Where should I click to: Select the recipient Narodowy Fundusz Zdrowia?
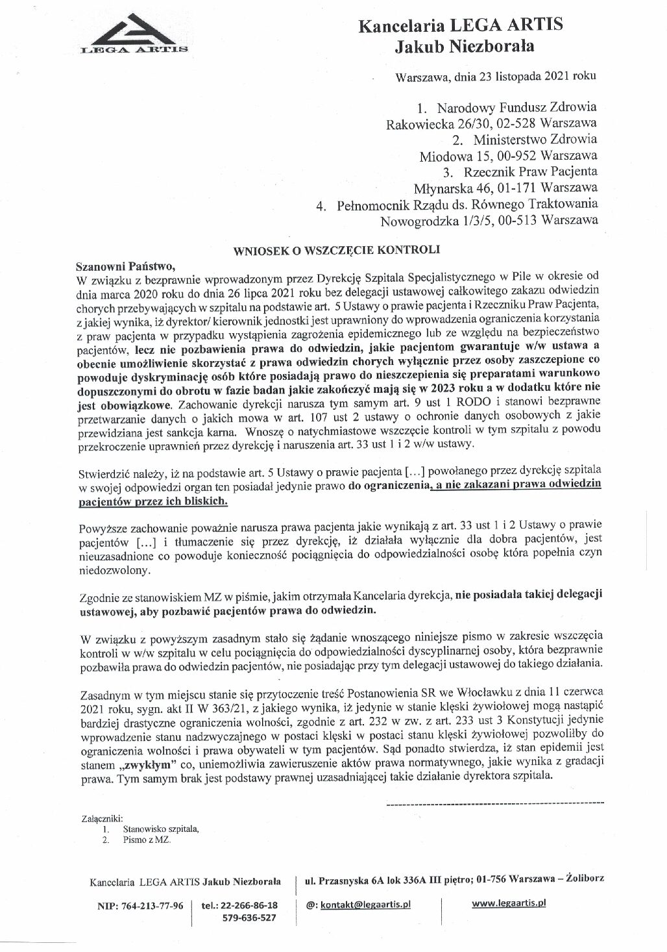(x=516, y=106)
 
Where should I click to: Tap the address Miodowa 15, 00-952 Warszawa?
(x=508, y=156)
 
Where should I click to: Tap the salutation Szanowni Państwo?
(x=126, y=265)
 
